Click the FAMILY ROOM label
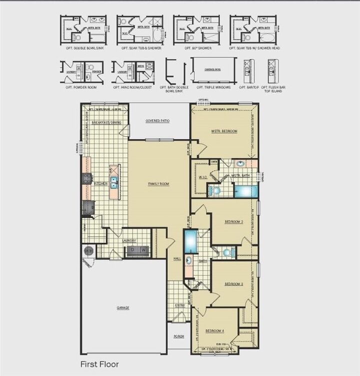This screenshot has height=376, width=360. tap(158, 184)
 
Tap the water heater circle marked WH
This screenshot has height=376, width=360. tap(88, 251)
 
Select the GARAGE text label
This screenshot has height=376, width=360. tap(123, 308)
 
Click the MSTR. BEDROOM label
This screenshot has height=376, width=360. tap(224, 131)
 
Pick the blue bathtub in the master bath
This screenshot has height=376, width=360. tap(245, 191)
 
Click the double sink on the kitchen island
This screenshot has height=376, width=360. tap(114, 183)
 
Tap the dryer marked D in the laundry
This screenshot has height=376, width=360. tap(132, 250)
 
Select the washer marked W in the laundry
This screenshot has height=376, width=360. tap(143, 250)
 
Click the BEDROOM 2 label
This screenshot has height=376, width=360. tap(233, 221)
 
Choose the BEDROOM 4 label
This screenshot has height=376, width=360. tap(215, 331)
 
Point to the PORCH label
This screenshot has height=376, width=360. tap(179, 337)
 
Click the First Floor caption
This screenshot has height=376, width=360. tap(99, 365)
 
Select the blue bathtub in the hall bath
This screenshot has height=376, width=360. tap(190, 242)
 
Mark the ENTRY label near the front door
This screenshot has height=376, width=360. tap(179, 306)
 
